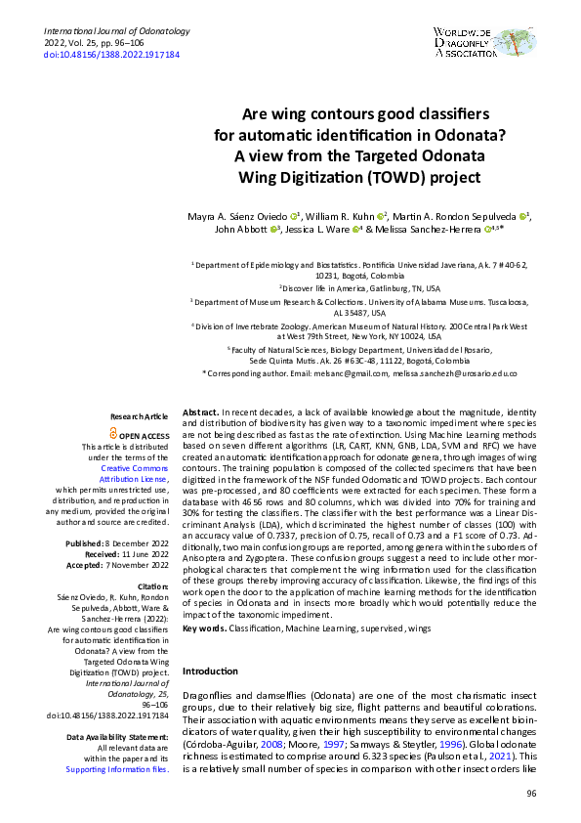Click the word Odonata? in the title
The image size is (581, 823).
[424, 135]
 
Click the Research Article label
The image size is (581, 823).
[141, 416]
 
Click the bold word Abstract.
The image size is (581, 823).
[200, 414]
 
